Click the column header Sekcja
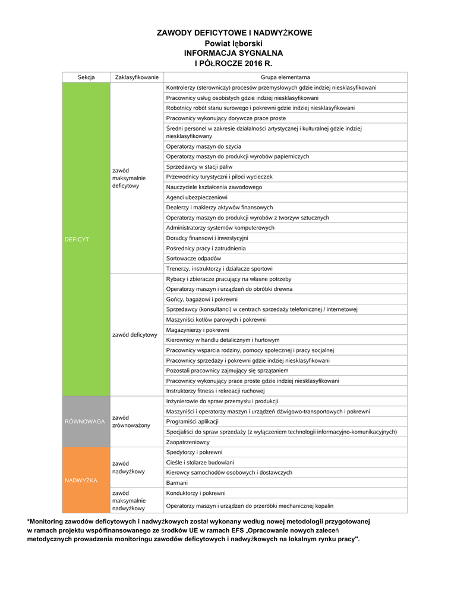[x=86, y=77]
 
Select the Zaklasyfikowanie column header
[x=137, y=77]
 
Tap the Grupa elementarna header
[x=285, y=77]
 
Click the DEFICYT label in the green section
[x=77, y=239]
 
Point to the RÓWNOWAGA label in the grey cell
[x=85, y=421]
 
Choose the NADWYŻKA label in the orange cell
[x=81, y=480]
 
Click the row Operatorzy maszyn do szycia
[x=203, y=146]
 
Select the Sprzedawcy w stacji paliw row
[x=199, y=167]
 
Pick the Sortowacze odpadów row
[x=194, y=259]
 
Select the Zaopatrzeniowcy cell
[x=188, y=442]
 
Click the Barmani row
[x=177, y=483]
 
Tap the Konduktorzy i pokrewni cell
[x=196, y=493]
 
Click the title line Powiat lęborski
[x=234, y=43]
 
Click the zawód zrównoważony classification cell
[x=131, y=421]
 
